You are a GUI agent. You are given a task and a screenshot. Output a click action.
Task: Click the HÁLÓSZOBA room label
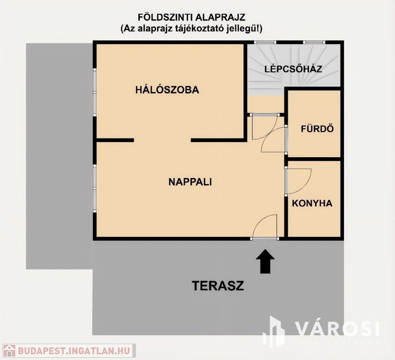[x=167, y=90]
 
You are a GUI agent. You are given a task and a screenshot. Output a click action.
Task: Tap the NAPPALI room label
[x=190, y=182]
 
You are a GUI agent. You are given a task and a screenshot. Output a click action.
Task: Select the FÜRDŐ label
[x=318, y=128]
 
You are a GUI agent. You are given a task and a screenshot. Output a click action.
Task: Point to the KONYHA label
[x=312, y=203]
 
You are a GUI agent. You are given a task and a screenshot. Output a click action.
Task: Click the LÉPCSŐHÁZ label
[x=293, y=69]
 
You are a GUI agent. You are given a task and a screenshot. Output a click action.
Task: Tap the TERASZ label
[x=218, y=286]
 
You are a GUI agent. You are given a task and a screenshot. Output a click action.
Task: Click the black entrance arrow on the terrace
[x=265, y=261]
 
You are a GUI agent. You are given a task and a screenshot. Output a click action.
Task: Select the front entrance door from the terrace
[x=265, y=226]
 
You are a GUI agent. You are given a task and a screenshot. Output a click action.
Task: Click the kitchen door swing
[x=298, y=181]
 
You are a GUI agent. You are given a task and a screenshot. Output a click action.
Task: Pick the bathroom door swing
[x=274, y=140]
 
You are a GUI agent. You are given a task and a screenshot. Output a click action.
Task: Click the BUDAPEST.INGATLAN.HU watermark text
[x=74, y=351]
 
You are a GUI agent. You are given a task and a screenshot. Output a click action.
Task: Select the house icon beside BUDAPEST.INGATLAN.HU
[x=8, y=351]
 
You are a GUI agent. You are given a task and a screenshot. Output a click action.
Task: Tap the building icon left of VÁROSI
[x=274, y=331]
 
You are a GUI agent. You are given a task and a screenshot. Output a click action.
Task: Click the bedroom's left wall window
[x=94, y=92]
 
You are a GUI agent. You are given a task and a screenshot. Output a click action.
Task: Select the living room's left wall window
[x=94, y=188]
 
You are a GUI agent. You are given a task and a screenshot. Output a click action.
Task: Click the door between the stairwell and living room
[x=265, y=127]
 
